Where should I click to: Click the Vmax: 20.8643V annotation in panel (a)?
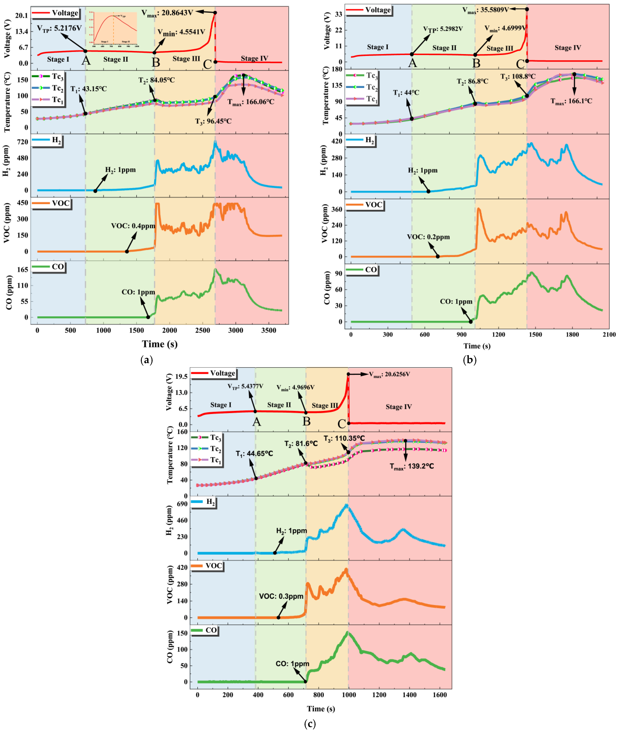167,13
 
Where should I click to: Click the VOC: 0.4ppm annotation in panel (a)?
133,226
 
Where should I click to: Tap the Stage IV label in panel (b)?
568,48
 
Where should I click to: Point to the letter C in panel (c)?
342,424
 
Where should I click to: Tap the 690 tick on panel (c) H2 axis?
182,504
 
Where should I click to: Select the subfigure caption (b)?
469,360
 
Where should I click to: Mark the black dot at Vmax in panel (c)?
348,374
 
